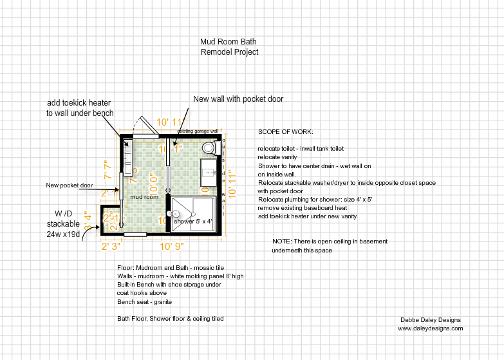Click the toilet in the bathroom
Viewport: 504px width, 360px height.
[x=209, y=148]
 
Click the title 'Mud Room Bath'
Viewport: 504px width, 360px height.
[x=229, y=42]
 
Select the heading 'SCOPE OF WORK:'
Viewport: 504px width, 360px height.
[x=285, y=132]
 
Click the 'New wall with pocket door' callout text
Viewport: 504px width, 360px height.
[x=238, y=99]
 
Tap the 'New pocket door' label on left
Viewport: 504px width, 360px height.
[x=70, y=185]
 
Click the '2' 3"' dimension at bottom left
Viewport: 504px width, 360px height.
[x=111, y=245]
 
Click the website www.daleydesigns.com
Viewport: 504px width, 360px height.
[x=430, y=328]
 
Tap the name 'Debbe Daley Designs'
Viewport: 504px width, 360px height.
[x=430, y=320]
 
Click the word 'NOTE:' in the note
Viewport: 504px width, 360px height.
[x=282, y=242]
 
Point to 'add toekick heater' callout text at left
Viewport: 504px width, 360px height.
[x=80, y=103]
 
